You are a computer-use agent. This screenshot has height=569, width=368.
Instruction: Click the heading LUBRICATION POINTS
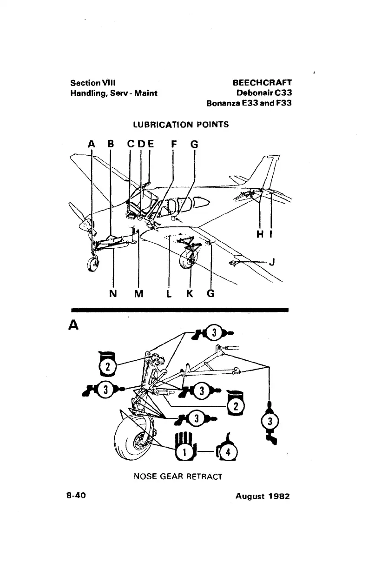(x=181, y=125)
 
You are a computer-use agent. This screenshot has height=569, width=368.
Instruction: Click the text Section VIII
(x=92, y=83)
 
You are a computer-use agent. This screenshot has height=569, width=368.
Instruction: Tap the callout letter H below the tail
(x=260, y=235)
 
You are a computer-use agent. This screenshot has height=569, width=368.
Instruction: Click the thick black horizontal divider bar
(x=180, y=309)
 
